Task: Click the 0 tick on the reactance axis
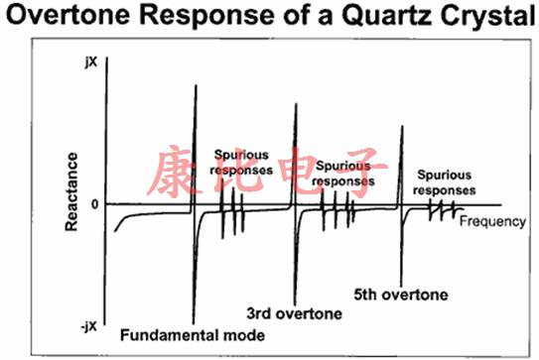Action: point(93,203)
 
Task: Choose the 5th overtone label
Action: point(400,295)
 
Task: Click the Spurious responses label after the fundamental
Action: point(238,164)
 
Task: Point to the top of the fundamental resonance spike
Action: point(196,85)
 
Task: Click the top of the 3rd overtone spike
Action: point(296,103)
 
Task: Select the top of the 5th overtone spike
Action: point(401,127)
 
